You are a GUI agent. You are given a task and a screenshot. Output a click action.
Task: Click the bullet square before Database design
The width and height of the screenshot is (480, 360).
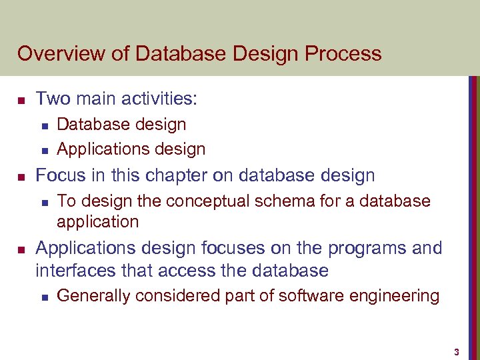pyautogui.click(x=43, y=125)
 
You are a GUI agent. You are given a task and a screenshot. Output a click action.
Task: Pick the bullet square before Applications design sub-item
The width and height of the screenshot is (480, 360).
pyautogui.click(x=43, y=150)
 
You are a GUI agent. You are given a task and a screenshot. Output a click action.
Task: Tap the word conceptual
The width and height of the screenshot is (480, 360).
pyautogui.click(x=199, y=201)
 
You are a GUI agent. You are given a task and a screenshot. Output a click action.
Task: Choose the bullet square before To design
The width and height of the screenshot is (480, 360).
pyautogui.click(x=43, y=202)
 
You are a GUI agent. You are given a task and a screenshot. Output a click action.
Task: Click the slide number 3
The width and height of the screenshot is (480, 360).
pyautogui.click(x=457, y=351)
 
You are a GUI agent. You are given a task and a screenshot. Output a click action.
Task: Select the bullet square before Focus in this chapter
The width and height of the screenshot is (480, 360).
pyautogui.click(x=21, y=177)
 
